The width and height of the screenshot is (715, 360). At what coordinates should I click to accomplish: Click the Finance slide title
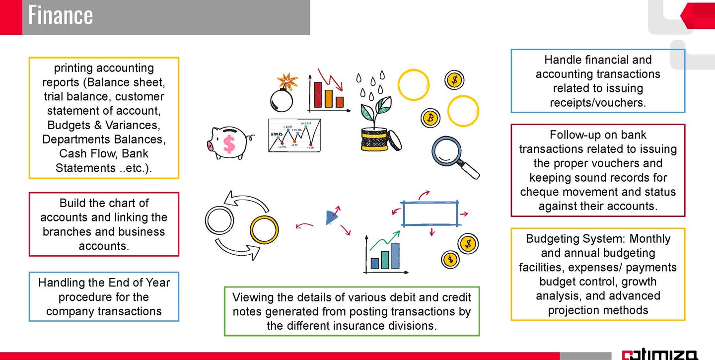click(60, 15)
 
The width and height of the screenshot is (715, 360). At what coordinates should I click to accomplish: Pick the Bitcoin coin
click(430, 118)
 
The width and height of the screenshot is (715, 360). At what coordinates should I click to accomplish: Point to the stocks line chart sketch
click(293, 136)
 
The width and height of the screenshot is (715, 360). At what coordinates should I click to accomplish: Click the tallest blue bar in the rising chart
click(395, 255)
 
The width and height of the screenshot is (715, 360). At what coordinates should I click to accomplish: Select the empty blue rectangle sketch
click(429, 214)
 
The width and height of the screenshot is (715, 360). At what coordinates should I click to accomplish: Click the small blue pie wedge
click(331, 217)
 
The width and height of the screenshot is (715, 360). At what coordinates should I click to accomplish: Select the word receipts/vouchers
click(597, 103)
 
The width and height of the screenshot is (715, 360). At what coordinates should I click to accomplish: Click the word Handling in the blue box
click(60, 283)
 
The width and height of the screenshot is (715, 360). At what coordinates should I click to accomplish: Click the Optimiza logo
click(660, 355)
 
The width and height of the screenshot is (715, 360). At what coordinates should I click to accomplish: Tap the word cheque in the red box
click(539, 192)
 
